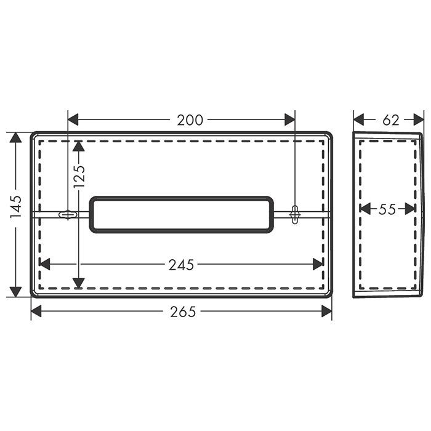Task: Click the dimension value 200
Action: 190,120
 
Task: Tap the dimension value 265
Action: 183,312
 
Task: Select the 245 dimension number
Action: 181,265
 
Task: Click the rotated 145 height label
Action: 16,207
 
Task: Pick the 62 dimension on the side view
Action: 391,120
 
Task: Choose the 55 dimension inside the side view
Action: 387,209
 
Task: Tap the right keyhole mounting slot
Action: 295,213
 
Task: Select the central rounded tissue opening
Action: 182,215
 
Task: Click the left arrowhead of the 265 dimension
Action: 36,312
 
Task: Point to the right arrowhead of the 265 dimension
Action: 327,312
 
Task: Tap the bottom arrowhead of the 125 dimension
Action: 78,283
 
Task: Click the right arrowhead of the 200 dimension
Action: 290,120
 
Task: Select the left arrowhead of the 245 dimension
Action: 44,265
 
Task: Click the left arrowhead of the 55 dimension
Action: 365,209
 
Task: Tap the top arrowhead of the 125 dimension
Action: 78,146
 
